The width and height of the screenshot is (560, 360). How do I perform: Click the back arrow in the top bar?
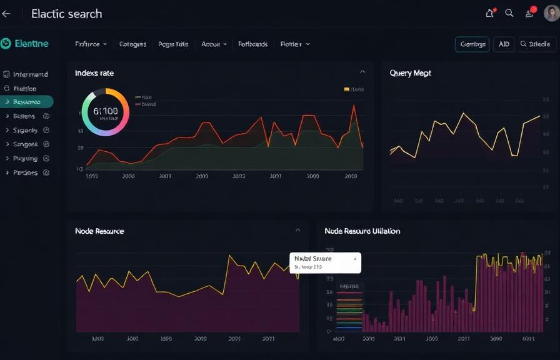pos(7,14)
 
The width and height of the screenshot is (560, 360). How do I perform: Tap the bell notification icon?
pos(490,13)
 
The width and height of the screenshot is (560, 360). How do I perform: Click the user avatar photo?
pos(552,12)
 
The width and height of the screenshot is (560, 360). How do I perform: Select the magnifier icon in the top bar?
pos(509,13)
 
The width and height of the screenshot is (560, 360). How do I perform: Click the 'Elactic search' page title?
pos(66,14)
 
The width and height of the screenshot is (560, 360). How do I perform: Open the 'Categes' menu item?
pos(132,44)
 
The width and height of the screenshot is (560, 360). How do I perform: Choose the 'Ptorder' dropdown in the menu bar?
pos(295,44)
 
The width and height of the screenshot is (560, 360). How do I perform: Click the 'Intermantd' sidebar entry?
pos(26,74)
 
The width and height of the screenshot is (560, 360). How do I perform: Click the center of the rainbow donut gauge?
pos(105,112)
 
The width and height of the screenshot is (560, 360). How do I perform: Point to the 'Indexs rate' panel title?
pos(94,73)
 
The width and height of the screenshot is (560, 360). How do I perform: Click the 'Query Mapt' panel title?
pos(411,73)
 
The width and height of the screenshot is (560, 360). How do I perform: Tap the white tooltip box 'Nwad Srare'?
pos(325,262)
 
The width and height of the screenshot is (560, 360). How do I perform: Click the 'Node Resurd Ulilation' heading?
pos(362,231)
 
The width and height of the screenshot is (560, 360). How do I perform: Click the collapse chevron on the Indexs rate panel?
pos(362,72)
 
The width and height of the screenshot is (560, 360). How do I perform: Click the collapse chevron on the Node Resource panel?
pos(298,231)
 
